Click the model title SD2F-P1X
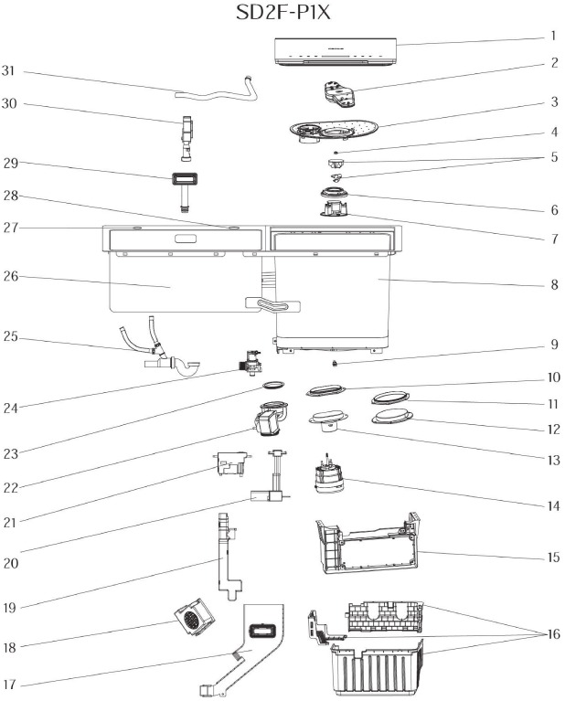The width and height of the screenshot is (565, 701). coord(282,16)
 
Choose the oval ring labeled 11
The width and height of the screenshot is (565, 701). coord(390,398)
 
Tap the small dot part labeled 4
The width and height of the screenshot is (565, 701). coord(337,152)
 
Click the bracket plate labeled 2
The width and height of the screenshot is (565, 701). coord(338,93)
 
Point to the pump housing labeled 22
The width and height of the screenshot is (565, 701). coord(268,423)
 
